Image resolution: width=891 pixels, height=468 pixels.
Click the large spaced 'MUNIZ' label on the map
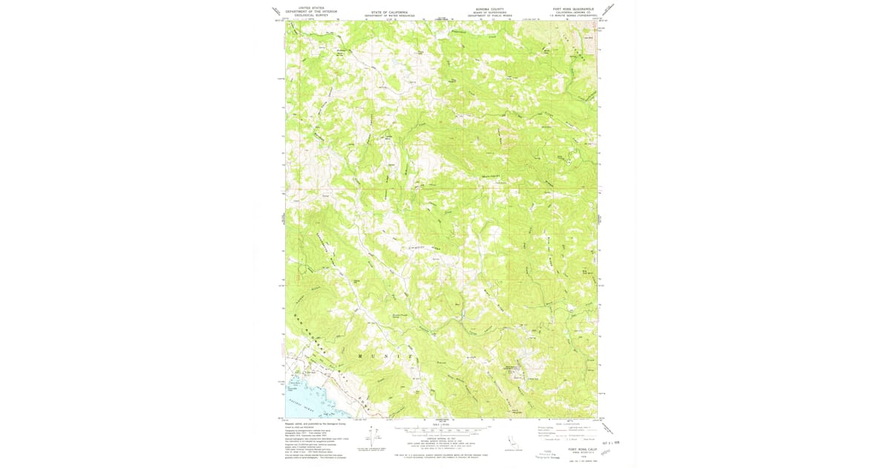click(387, 356)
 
